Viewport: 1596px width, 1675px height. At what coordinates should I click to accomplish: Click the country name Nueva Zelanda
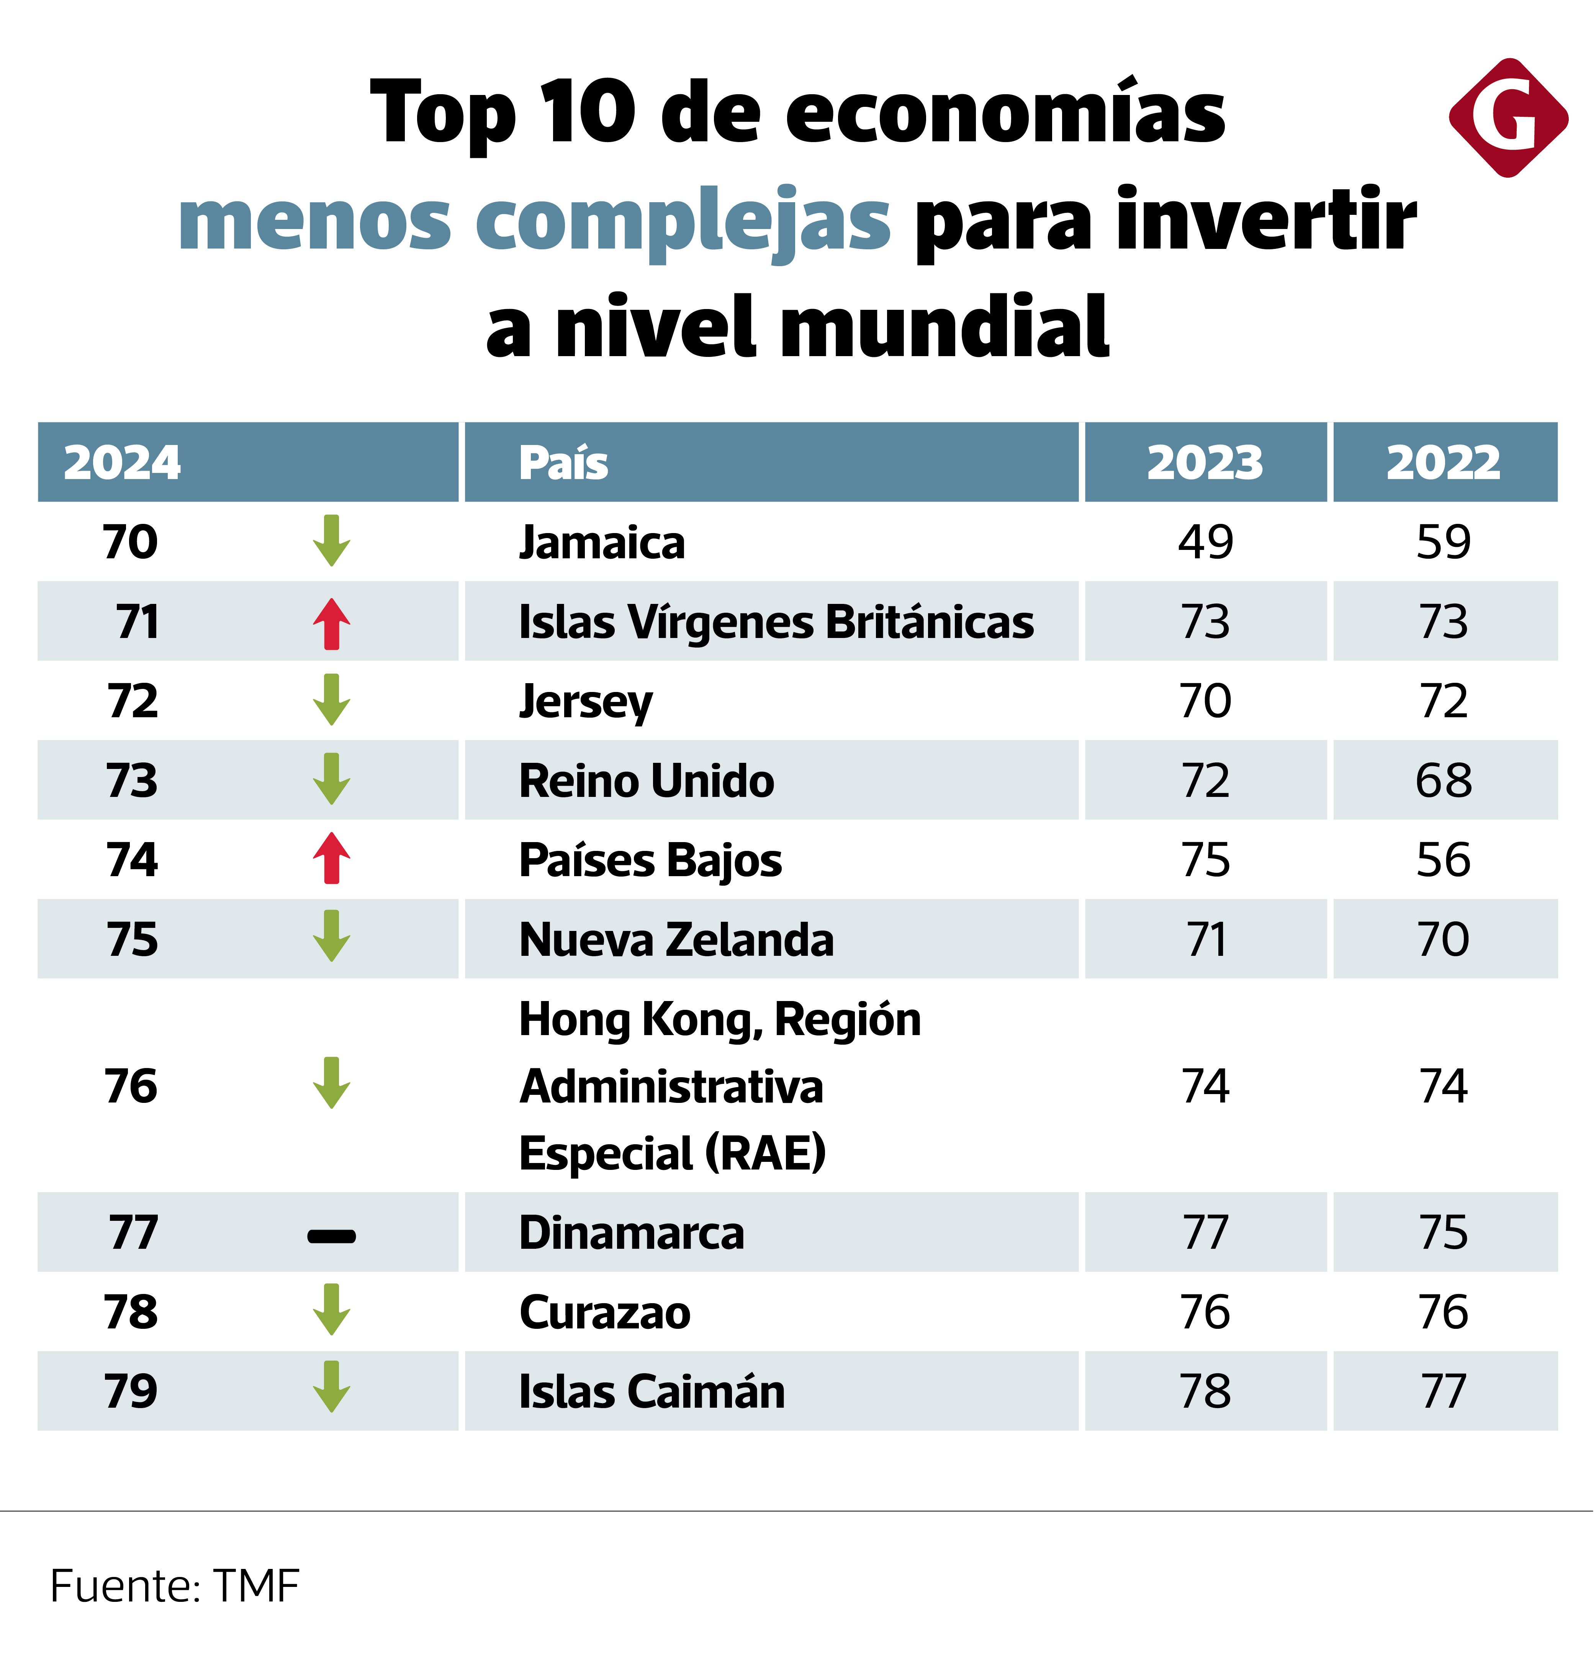pyautogui.click(x=676, y=940)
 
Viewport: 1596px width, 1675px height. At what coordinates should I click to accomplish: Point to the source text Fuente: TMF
pyautogui.click(x=174, y=1586)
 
